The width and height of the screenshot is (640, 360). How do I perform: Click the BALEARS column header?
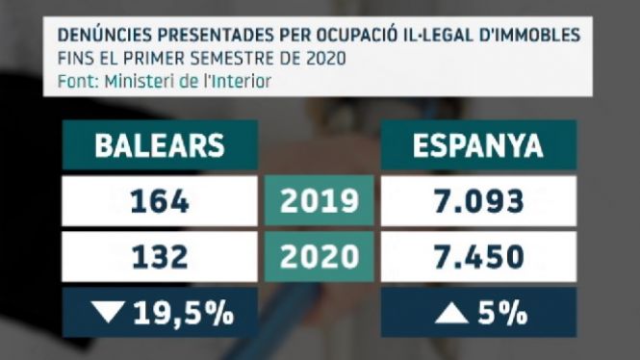[x=160, y=145]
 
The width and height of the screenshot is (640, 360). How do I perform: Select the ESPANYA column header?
[x=478, y=145]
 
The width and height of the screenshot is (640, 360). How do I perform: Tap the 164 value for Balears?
[x=160, y=201]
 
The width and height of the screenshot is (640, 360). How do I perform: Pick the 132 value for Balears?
[x=160, y=257]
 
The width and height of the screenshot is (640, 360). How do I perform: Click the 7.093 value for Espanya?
[x=478, y=201]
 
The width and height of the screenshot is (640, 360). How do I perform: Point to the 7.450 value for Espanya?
[x=478, y=257]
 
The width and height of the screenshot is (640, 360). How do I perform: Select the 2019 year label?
[x=320, y=201]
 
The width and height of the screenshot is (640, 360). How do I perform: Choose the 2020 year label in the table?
[x=320, y=257]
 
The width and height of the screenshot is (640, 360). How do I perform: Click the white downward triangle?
[x=108, y=312]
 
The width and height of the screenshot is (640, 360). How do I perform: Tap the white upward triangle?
[x=451, y=314]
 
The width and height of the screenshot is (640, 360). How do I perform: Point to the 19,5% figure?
[x=184, y=313]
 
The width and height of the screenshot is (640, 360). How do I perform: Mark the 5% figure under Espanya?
[x=502, y=313]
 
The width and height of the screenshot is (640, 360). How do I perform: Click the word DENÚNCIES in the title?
[x=105, y=35]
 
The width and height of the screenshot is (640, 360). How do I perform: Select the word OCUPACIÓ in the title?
[x=356, y=35]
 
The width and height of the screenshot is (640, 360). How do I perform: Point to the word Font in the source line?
[x=78, y=82]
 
